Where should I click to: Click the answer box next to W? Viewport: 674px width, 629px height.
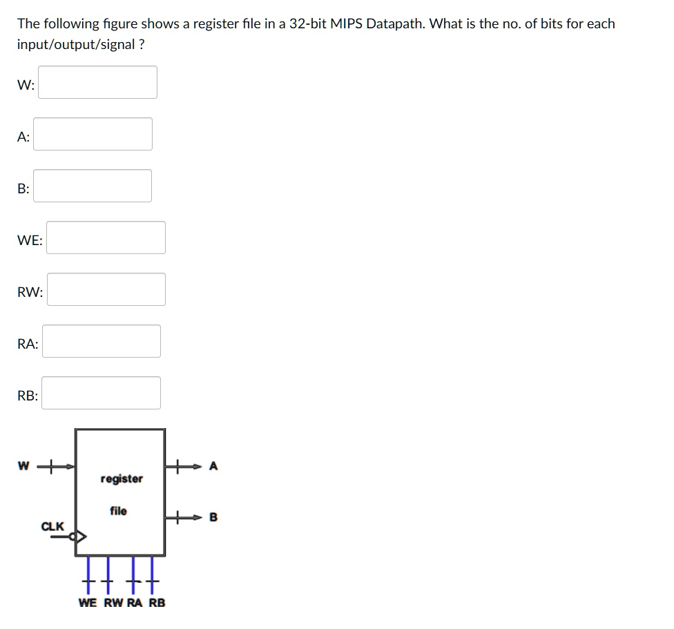point(97,82)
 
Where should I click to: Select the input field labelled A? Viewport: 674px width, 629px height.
point(93,134)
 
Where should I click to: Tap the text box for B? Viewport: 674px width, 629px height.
point(93,186)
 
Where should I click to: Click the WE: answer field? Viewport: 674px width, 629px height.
point(106,238)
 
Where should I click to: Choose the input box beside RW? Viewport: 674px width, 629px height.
point(106,289)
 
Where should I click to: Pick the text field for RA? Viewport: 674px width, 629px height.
point(102,341)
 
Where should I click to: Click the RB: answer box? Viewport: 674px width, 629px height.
point(102,393)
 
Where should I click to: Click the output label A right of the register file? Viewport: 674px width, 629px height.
point(213,467)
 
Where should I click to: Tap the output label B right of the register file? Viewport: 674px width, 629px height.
point(213,516)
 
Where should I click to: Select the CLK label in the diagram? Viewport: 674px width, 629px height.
point(52,526)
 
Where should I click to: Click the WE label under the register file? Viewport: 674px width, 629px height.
point(88,603)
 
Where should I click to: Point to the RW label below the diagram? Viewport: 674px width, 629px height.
point(113,603)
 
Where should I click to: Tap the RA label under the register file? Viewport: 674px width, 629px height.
point(135,603)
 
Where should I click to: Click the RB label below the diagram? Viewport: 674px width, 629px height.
point(157,603)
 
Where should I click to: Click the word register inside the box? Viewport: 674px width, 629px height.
point(122,478)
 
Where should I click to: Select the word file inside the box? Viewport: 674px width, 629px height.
point(118,511)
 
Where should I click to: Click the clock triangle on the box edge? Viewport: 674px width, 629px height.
point(81,536)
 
